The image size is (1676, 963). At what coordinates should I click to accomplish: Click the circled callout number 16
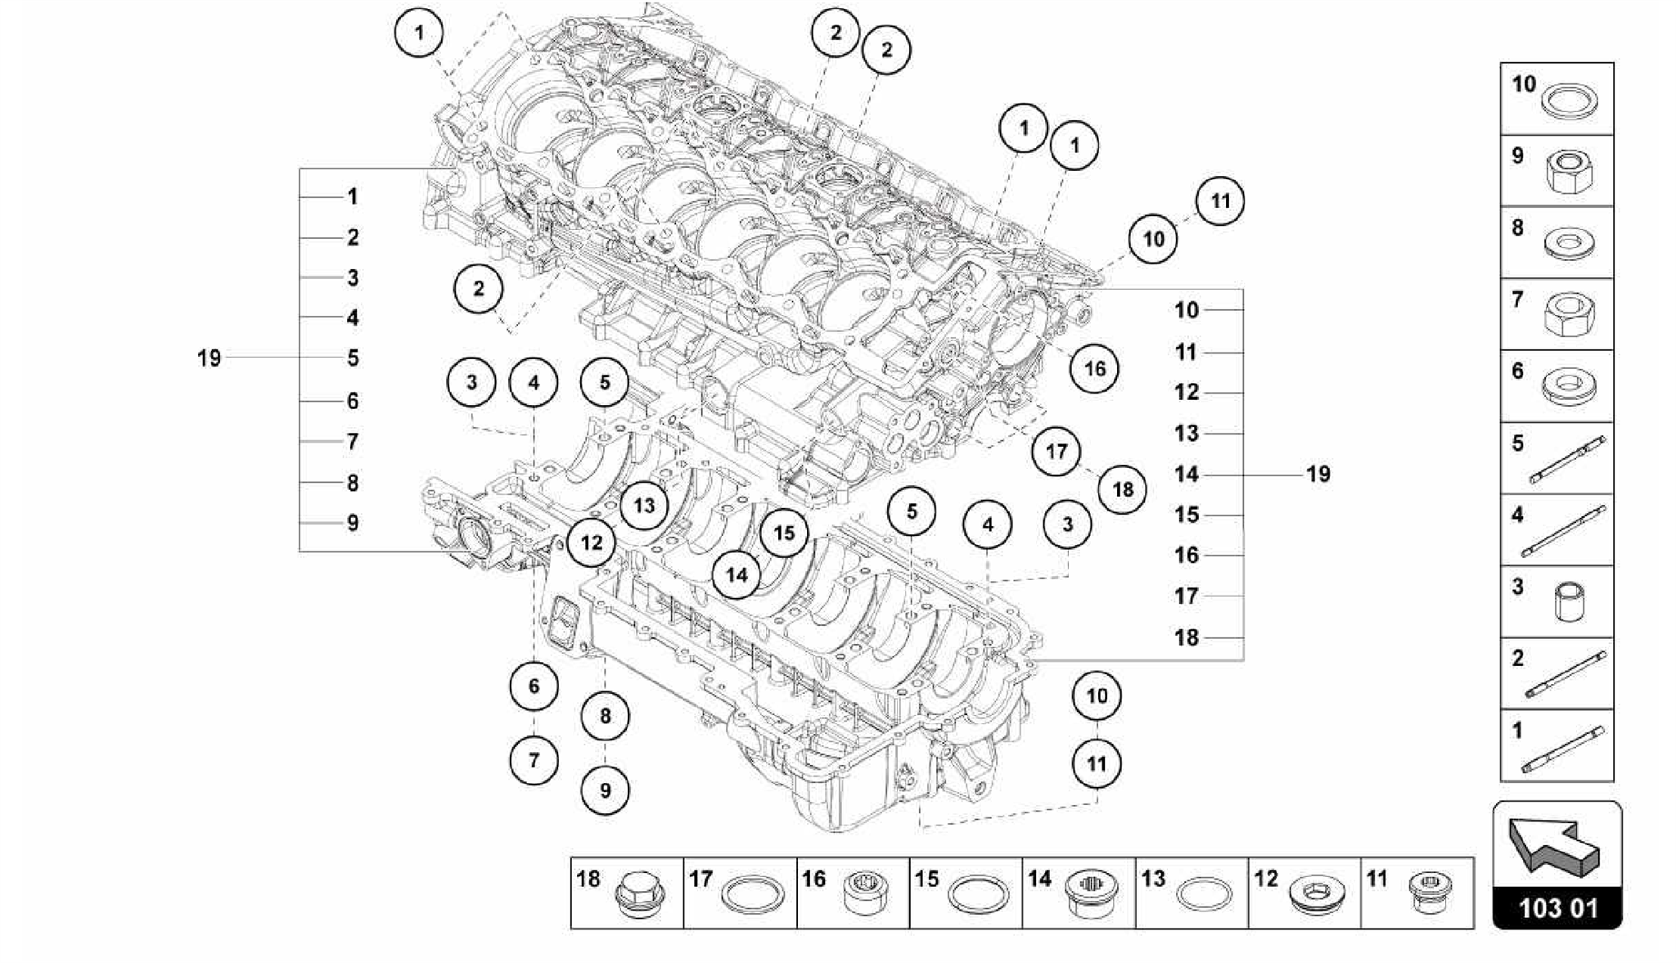point(1094,369)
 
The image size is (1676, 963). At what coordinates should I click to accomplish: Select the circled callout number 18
point(1123,490)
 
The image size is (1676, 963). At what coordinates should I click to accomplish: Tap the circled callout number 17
point(1057,452)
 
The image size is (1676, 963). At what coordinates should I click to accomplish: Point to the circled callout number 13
point(644,506)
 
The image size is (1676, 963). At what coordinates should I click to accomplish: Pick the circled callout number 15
point(784,533)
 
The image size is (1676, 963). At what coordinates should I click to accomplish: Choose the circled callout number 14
point(737,575)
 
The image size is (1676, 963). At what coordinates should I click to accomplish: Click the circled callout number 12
point(591,542)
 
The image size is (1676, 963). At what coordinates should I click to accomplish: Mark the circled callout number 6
point(534,686)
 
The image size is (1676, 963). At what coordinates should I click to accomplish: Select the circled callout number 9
point(605,790)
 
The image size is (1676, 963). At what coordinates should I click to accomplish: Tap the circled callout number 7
point(534,760)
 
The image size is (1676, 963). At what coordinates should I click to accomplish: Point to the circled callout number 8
point(605,717)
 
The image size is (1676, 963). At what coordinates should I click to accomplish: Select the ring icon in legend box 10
point(1564,103)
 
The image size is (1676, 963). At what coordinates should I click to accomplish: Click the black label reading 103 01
point(1557,908)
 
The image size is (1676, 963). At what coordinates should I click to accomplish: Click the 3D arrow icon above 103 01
point(1554,847)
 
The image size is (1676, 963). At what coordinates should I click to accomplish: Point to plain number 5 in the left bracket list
point(353,358)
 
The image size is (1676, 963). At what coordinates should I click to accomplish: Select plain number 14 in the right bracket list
point(1187,475)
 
